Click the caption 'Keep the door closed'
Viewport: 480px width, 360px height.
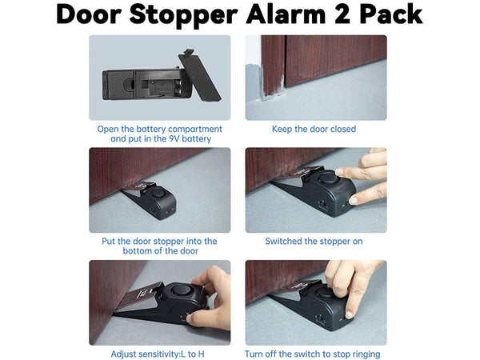(x=314, y=129)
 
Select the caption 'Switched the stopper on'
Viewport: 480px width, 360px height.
(x=314, y=241)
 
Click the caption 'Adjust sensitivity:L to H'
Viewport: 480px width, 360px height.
(x=158, y=354)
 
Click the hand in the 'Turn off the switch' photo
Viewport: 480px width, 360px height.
(x=352, y=284)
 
